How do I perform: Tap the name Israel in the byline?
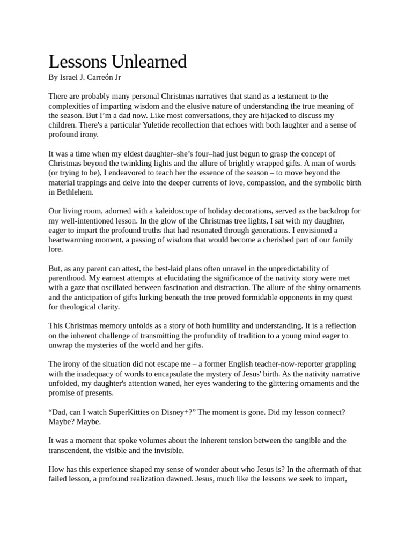(68, 77)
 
